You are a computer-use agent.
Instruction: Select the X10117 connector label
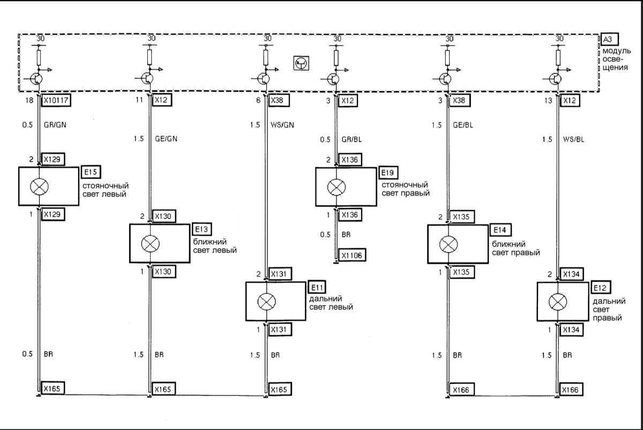pyautogui.click(x=57, y=100)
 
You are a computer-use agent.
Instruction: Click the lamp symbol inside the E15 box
pyautogui.click(x=39, y=186)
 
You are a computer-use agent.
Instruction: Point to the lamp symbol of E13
pyautogui.click(x=150, y=243)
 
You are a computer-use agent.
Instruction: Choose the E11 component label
pyautogui.click(x=317, y=286)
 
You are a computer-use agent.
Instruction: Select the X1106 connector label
pyautogui.click(x=352, y=256)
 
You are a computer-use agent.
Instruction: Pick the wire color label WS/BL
pyautogui.click(x=574, y=139)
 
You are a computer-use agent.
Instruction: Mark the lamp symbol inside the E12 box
pyautogui.click(x=557, y=302)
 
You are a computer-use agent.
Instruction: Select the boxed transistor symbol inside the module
pyautogui.click(x=301, y=63)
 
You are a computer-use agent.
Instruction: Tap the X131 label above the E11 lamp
pyautogui.click(x=280, y=274)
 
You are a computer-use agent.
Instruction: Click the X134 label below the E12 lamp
pyautogui.click(x=571, y=330)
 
